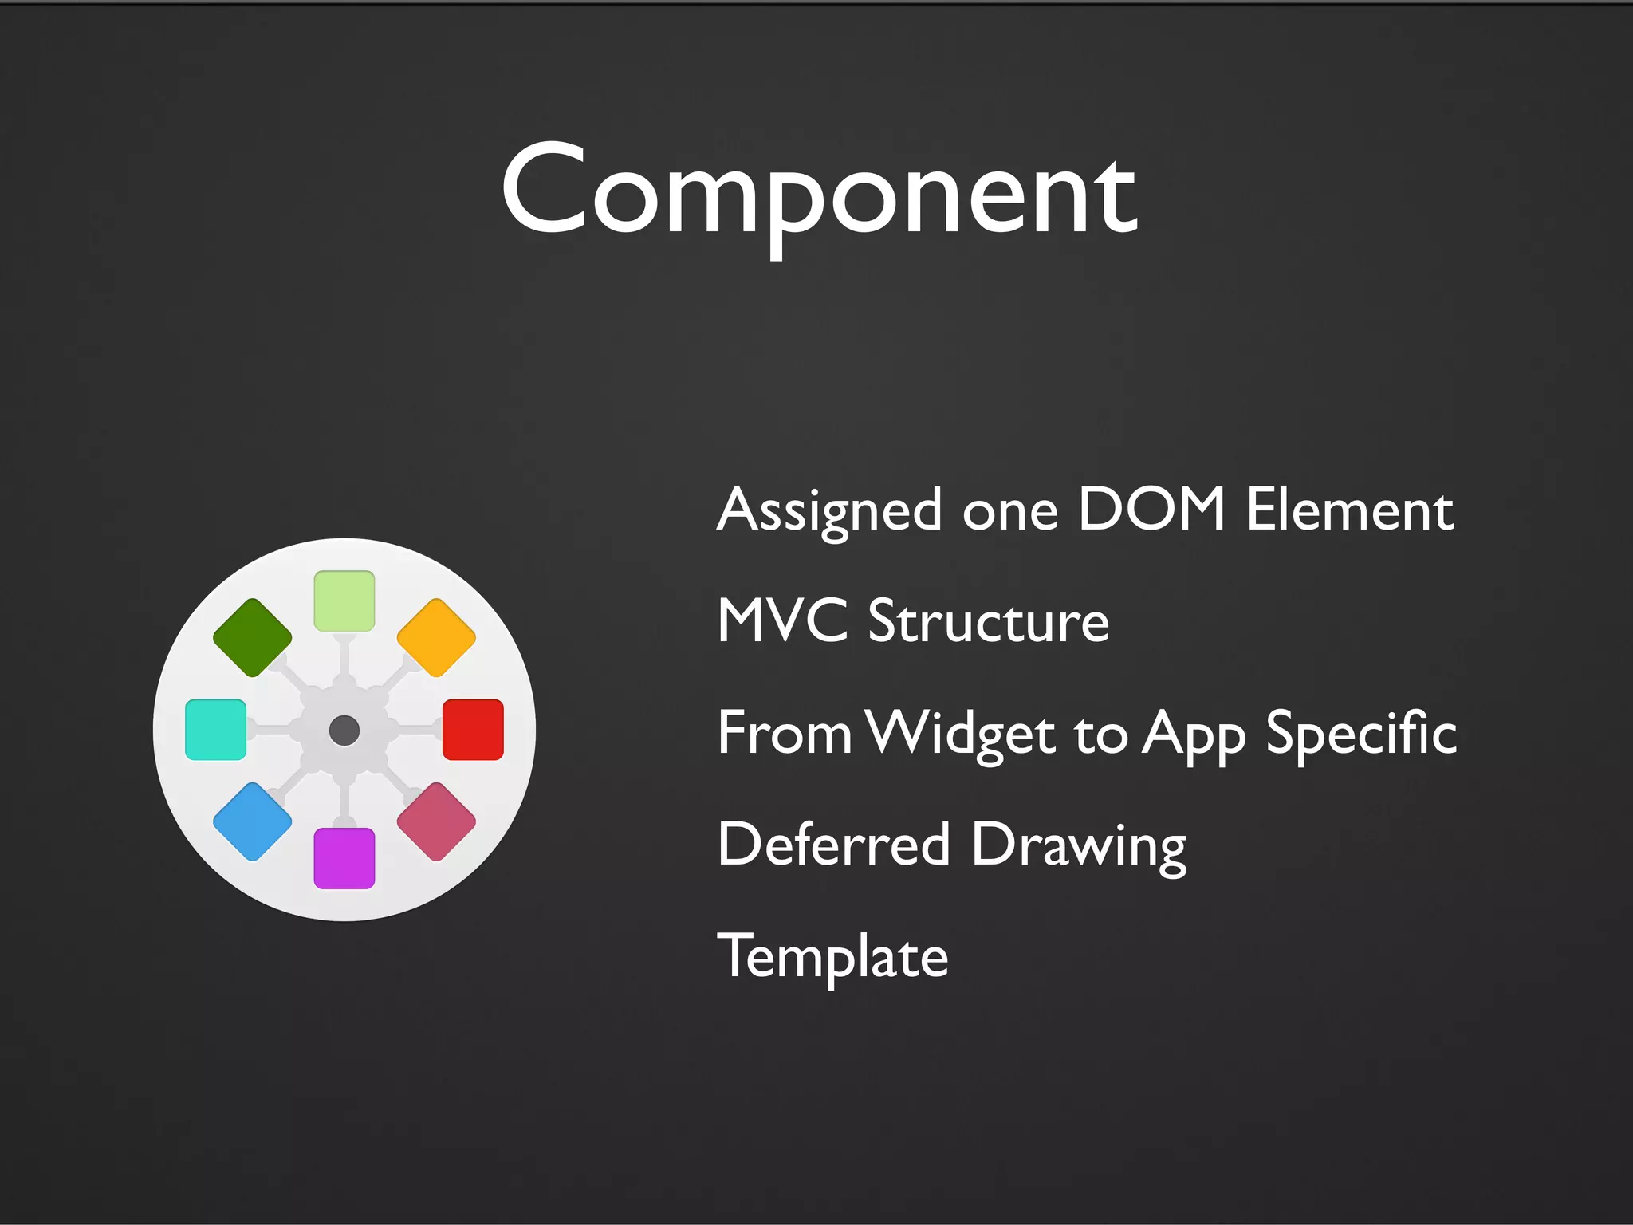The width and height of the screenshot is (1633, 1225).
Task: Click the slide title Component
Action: coord(819,191)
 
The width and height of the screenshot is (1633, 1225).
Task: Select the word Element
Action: coord(1350,510)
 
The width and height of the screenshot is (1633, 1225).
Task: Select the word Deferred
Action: coord(833,844)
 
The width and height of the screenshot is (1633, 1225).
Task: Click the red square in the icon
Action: coord(473,730)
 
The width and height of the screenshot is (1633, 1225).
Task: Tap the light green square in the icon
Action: coord(344,601)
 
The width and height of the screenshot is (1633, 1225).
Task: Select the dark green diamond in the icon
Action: coord(253,638)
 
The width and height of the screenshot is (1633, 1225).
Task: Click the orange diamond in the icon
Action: coord(436,638)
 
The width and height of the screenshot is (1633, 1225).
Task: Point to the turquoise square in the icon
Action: coord(215,730)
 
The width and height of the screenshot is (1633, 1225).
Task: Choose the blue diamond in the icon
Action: coord(253,821)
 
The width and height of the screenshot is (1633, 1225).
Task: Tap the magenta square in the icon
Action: coord(344,858)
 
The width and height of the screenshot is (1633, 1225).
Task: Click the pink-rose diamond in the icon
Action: coord(436,821)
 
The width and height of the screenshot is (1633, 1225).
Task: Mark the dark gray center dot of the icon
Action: coord(344,730)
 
